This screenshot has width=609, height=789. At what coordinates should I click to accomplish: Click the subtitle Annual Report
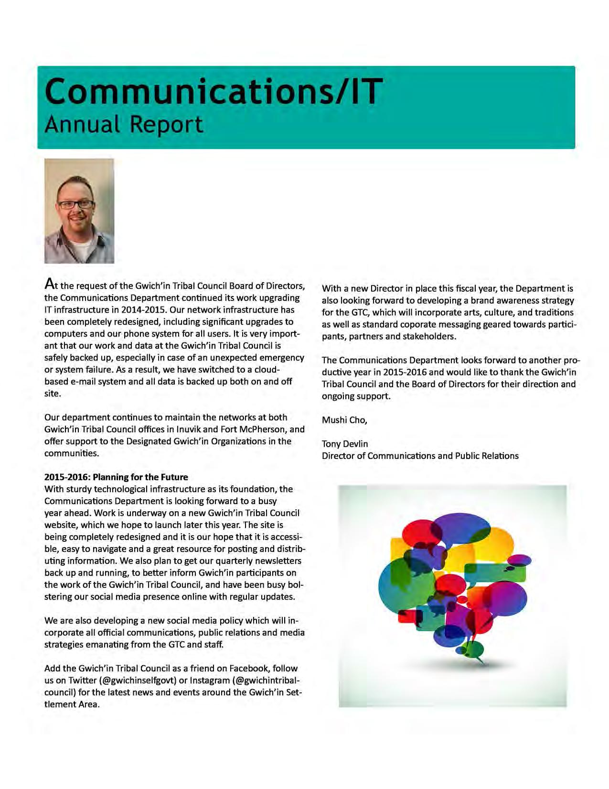124,124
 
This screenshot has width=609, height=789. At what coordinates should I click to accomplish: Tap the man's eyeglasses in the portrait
76,204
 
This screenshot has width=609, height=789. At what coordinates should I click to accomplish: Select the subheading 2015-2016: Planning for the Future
116,477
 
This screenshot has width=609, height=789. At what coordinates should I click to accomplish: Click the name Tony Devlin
345,444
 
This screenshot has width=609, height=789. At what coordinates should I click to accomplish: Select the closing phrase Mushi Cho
344,420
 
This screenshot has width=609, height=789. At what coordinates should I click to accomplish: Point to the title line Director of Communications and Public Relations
420,456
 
